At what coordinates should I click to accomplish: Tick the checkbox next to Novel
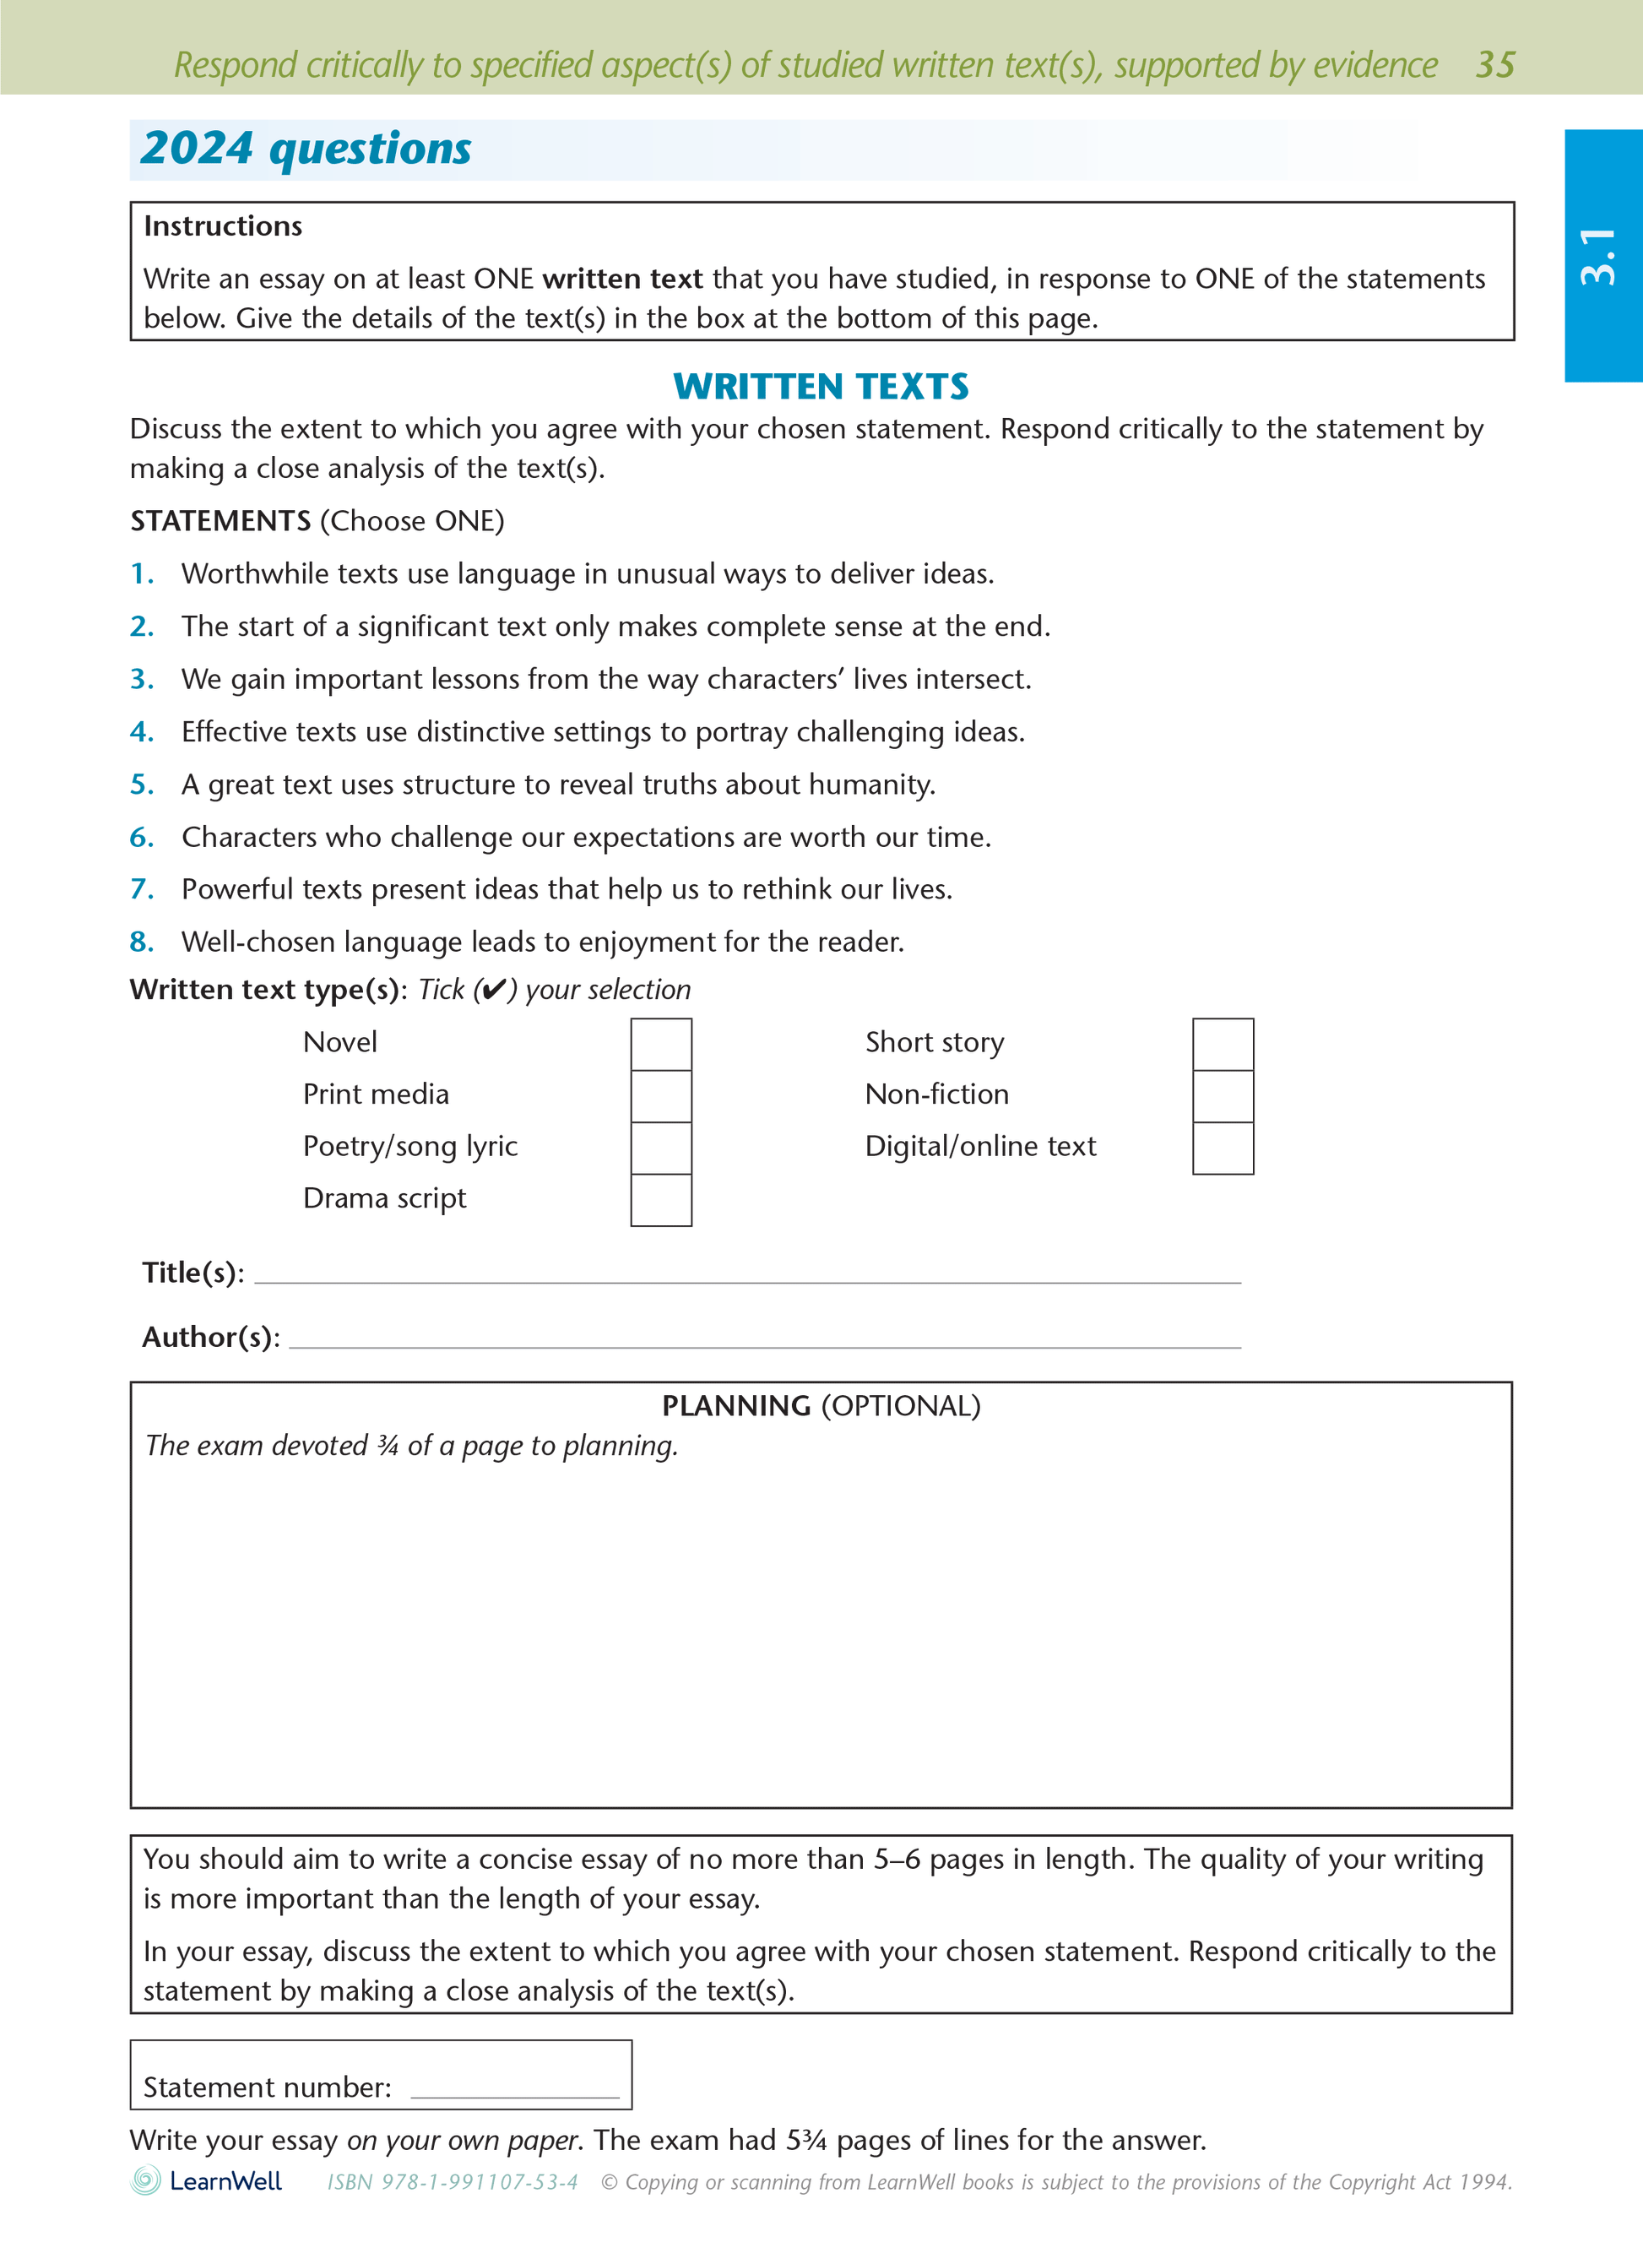click(x=660, y=1044)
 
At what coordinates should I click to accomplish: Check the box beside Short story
click(x=1223, y=1044)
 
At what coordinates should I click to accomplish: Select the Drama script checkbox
click(x=660, y=1200)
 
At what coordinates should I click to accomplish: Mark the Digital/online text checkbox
click(x=1223, y=1148)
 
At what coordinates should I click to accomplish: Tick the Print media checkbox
click(x=660, y=1096)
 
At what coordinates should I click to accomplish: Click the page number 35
click(x=1494, y=65)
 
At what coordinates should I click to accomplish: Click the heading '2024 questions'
click(x=306, y=149)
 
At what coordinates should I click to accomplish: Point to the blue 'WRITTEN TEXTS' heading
click(x=821, y=386)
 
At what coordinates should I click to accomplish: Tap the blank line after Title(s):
click(x=746, y=1276)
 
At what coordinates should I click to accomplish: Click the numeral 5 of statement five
click(x=141, y=785)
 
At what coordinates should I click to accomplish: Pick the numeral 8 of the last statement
click(x=141, y=942)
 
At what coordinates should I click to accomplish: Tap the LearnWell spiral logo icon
click(x=145, y=2180)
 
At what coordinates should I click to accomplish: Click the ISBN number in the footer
click(x=453, y=2182)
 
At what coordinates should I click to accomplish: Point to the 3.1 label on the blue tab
click(x=1598, y=257)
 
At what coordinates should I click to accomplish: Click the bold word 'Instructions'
click(x=223, y=227)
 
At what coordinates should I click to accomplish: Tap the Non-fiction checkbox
click(x=1223, y=1096)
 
